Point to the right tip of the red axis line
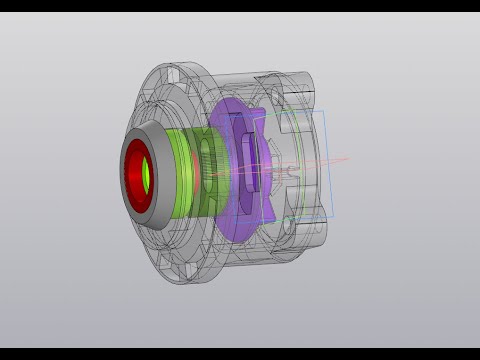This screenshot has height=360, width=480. pos(349,156)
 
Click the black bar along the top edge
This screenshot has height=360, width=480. pos(240,6)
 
